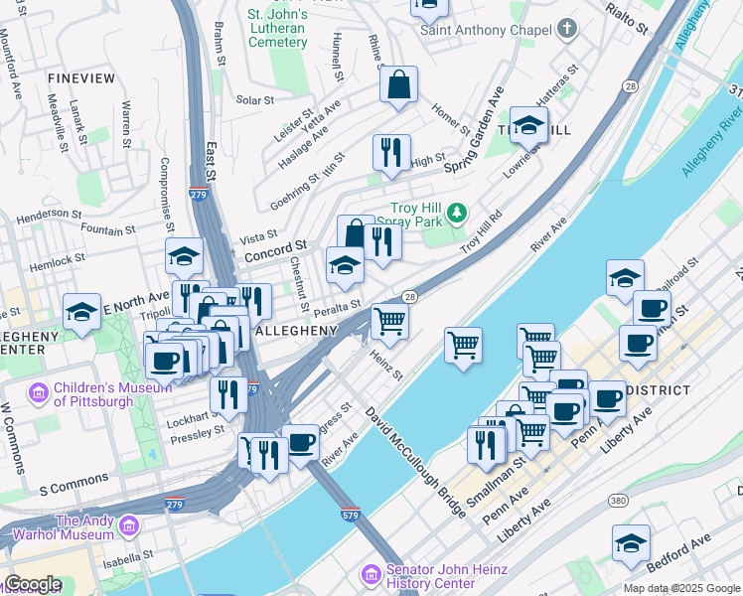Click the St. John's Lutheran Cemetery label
277,29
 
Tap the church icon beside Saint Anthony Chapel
567,29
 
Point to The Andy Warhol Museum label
84,527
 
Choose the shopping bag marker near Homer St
398,86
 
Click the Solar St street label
255,100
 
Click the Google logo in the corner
33,584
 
